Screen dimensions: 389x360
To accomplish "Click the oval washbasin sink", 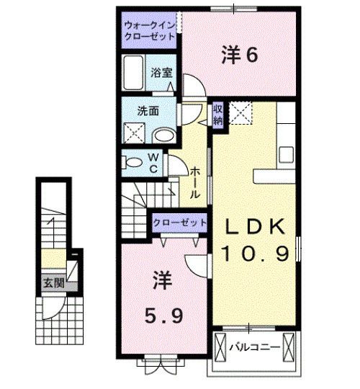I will (165, 133).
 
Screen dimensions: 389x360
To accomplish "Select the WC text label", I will (154, 161).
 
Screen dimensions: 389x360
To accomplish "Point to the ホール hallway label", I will (195, 181).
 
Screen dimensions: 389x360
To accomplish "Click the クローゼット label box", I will (179, 222).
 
